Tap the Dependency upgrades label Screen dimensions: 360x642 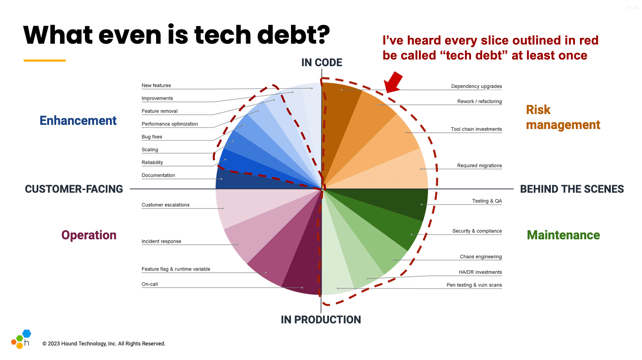(476, 87)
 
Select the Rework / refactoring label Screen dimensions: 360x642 (479, 102)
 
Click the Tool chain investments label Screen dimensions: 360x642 (476, 129)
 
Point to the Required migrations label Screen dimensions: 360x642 (479, 166)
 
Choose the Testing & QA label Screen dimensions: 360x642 (487, 201)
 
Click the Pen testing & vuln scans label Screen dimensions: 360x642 (474, 285)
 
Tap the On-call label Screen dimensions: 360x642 (149, 284)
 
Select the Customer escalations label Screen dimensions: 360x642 (165, 205)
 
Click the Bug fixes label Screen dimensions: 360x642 (152, 137)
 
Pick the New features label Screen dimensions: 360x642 (156, 86)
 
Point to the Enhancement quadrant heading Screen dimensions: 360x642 (78, 121)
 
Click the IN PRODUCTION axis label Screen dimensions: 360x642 (321, 320)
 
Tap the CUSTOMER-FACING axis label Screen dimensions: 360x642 (74, 189)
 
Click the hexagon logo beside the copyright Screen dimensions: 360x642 (21, 339)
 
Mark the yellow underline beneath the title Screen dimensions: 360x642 (45, 61)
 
